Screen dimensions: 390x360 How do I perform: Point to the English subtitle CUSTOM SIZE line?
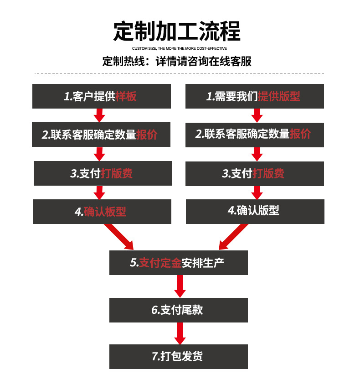(x=179, y=48)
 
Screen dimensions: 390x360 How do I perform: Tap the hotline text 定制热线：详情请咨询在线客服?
(x=177, y=62)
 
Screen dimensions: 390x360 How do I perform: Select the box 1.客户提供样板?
(x=102, y=96)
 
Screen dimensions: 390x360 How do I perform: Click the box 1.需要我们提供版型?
(x=254, y=96)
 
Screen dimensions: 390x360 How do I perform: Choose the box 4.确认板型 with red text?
(x=102, y=212)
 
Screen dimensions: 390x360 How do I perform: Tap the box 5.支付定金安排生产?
(x=178, y=263)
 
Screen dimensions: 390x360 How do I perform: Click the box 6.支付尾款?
(x=178, y=310)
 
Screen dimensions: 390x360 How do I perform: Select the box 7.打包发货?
(x=178, y=357)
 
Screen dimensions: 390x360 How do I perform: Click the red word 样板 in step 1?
(x=126, y=96)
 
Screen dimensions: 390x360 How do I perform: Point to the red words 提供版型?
(x=279, y=96)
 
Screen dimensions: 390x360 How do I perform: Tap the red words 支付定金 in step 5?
(x=160, y=263)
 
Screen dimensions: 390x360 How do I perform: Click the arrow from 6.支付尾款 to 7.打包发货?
(x=180, y=333)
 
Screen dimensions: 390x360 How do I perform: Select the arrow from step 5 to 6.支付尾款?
(x=180, y=286)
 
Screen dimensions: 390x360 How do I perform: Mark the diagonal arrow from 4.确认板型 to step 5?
(x=119, y=237)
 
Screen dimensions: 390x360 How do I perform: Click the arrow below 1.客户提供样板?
(x=99, y=115)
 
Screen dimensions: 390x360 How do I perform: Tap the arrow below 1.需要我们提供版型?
(x=257, y=115)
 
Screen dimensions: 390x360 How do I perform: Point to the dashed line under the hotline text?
(x=179, y=73)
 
